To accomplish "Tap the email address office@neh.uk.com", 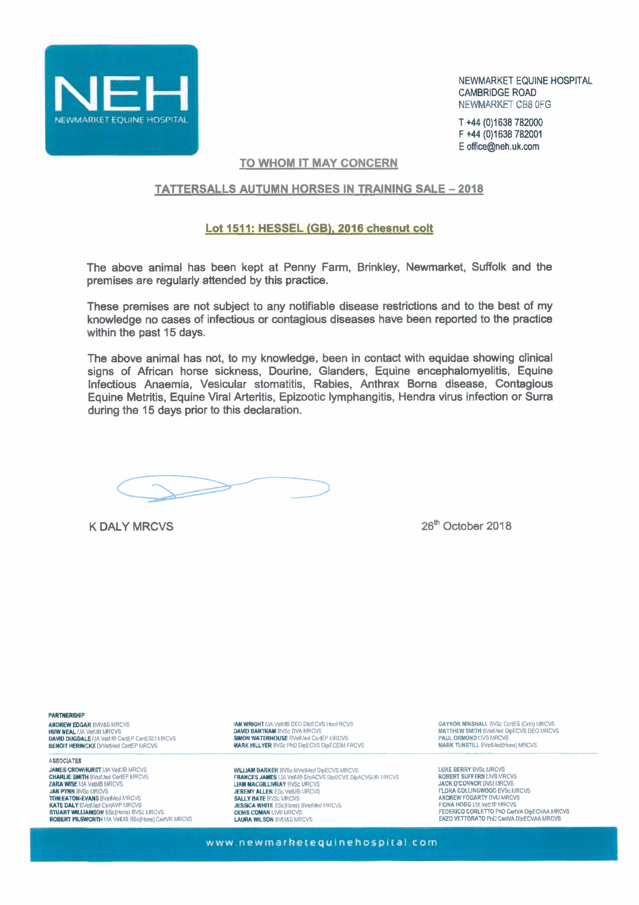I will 503,147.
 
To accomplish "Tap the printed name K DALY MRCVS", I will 131,527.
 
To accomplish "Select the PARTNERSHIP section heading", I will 66,715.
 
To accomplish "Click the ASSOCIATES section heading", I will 65,761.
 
